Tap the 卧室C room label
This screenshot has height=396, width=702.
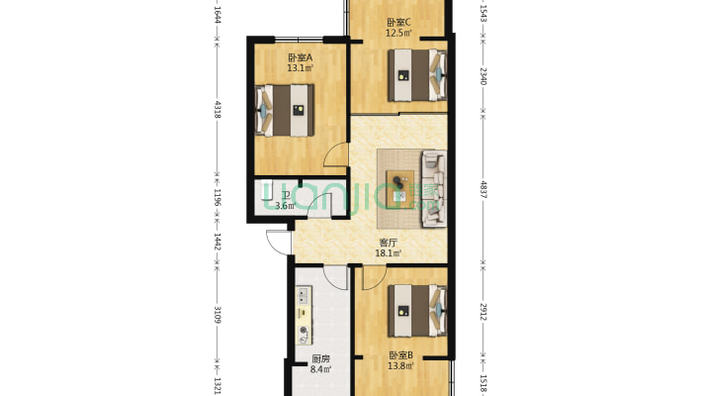tap(399, 23)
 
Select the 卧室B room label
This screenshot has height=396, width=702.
tap(399, 355)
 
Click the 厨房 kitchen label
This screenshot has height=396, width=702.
tap(319, 358)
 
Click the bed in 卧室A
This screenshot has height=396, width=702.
tap(287, 109)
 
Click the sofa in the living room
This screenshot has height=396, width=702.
tap(434, 187)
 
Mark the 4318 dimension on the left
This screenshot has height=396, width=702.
tap(216, 108)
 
